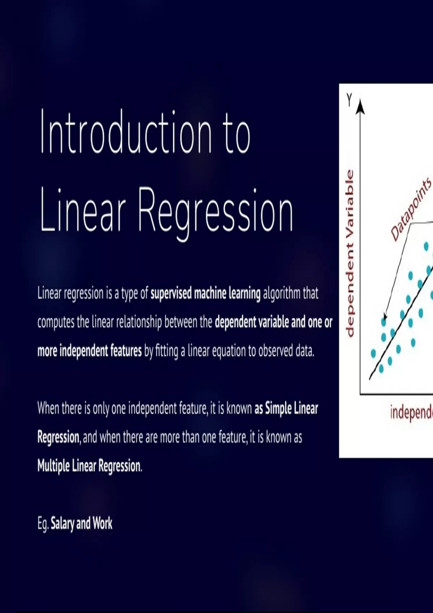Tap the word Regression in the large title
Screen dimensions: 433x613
[215, 211]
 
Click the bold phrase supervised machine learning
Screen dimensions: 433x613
[205, 294]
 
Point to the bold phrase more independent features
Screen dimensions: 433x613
[89, 351]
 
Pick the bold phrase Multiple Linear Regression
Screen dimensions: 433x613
[89, 466]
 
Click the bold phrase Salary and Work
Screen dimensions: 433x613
[82, 524]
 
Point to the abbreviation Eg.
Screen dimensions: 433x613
[43, 524]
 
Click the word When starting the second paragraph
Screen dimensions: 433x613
[48, 408]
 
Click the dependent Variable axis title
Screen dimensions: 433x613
[350, 253]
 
